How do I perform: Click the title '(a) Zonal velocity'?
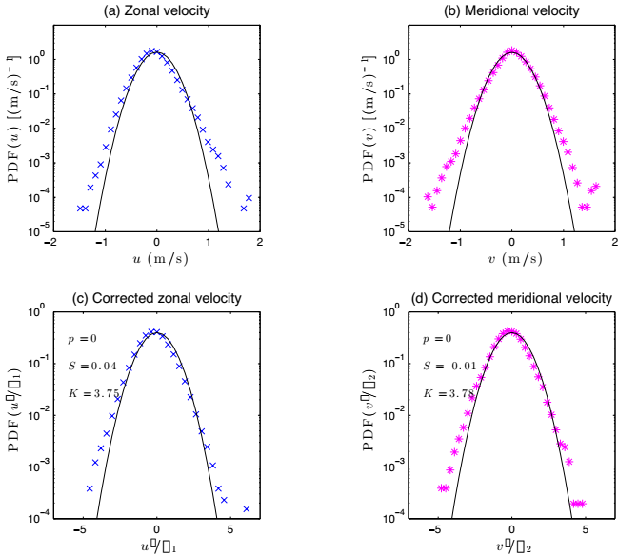tap(156, 11)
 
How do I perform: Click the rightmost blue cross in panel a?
tap(249, 198)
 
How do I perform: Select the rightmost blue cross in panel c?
tap(248, 509)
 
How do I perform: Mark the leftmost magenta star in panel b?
tap(427, 198)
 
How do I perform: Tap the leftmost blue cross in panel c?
tap(90, 488)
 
